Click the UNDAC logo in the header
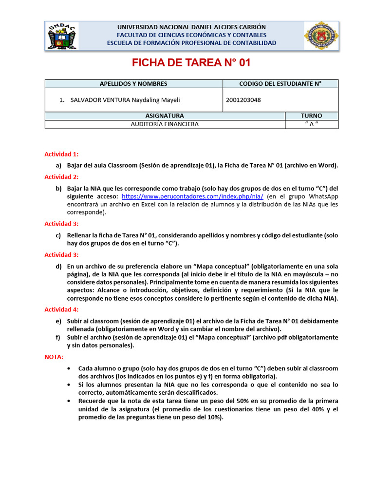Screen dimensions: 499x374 [62, 36]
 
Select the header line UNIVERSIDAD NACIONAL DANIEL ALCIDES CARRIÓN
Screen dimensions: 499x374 [191, 27]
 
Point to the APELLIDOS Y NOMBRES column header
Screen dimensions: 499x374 [133, 84]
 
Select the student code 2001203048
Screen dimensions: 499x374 [243, 100]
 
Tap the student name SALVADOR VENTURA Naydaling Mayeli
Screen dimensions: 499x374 [125, 100]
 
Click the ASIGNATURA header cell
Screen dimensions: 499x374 [165, 116]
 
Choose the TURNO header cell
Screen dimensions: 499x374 [311, 116]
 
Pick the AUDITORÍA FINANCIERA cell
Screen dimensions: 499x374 [165, 124]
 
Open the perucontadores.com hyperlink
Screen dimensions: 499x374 [192, 196]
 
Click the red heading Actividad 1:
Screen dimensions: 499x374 [61, 154]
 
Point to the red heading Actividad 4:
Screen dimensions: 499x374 [61, 309]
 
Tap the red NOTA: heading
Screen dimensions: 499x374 [54, 357]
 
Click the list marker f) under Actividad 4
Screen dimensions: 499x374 [58, 337]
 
